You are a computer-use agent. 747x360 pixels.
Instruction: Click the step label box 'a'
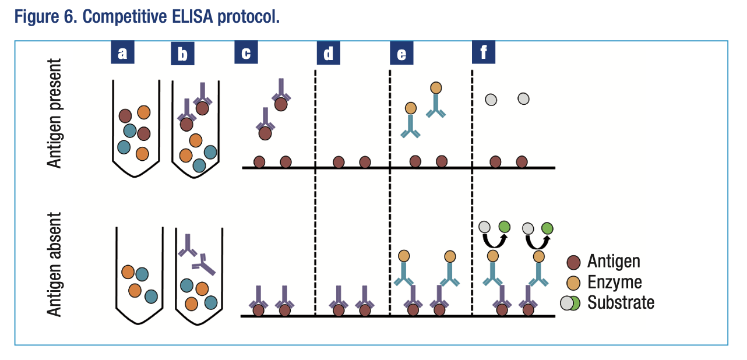(x=122, y=54)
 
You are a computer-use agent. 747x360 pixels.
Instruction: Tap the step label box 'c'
(x=246, y=54)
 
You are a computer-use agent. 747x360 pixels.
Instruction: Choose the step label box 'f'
(x=483, y=54)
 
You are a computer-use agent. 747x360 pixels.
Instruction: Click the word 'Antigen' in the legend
(x=614, y=262)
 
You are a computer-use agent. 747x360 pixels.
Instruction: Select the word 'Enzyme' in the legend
(x=614, y=283)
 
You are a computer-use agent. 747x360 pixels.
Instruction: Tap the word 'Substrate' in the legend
(x=621, y=303)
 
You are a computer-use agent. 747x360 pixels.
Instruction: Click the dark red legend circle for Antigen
(x=573, y=262)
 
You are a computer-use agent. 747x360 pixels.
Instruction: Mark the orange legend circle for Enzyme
(x=573, y=282)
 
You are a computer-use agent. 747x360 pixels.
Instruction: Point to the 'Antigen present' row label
(x=55, y=112)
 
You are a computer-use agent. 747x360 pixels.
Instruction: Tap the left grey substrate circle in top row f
(x=491, y=100)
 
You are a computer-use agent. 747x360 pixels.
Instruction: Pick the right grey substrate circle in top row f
(x=523, y=99)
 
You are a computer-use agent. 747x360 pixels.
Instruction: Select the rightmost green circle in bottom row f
(x=547, y=228)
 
